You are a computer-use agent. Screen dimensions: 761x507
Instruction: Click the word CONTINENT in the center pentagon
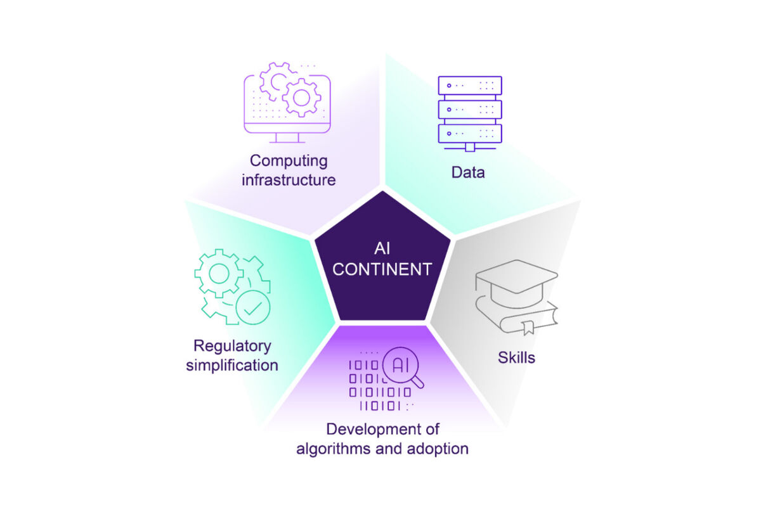tap(382, 269)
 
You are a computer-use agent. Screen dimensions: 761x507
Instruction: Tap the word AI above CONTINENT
tap(382, 248)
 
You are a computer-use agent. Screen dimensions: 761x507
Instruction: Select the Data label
tap(468, 172)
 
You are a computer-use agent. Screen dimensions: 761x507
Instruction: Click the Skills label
tap(516, 357)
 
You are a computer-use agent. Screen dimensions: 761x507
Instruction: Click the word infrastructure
tap(289, 180)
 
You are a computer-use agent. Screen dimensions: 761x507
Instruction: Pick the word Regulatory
tap(232, 347)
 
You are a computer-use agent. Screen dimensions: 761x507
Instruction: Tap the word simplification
tap(232, 366)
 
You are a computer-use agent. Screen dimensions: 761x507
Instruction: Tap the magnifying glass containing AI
tap(403, 368)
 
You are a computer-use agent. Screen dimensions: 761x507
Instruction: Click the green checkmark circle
tap(253, 307)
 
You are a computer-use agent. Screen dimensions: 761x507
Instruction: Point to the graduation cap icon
tap(516, 283)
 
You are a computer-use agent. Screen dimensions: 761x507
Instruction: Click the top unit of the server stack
tap(470, 86)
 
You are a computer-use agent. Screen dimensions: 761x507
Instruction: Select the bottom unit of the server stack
tap(470, 134)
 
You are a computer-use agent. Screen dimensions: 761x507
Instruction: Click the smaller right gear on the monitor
tap(301, 98)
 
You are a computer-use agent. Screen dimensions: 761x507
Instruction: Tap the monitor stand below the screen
tap(287, 138)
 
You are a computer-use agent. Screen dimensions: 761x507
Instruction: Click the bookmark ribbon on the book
tap(528, 328)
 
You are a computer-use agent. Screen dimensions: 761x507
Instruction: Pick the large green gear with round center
tap(219, 273)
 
